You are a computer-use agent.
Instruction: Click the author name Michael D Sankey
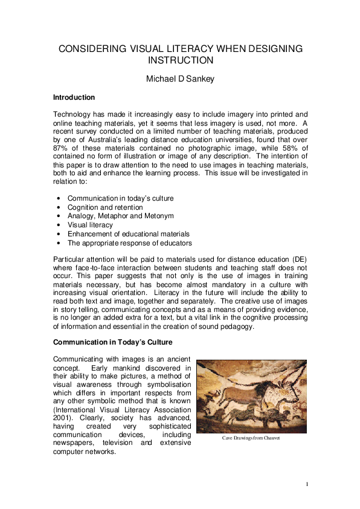pos(180,79)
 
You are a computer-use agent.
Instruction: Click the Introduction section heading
pos(74,97)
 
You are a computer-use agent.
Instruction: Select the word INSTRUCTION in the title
pos(180,60)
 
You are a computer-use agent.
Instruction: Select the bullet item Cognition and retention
pos(105,207)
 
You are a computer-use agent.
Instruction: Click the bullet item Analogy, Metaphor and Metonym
pos(120,216)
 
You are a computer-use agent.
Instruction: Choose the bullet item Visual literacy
pos(91,224)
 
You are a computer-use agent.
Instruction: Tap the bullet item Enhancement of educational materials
pos(128,233)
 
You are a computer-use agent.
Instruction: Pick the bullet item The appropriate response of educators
pos(130,242)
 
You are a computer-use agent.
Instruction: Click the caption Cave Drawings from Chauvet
pos(251,438)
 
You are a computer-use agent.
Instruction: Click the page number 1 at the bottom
pos(307,484)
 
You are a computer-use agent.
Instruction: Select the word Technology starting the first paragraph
pos(74,114)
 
